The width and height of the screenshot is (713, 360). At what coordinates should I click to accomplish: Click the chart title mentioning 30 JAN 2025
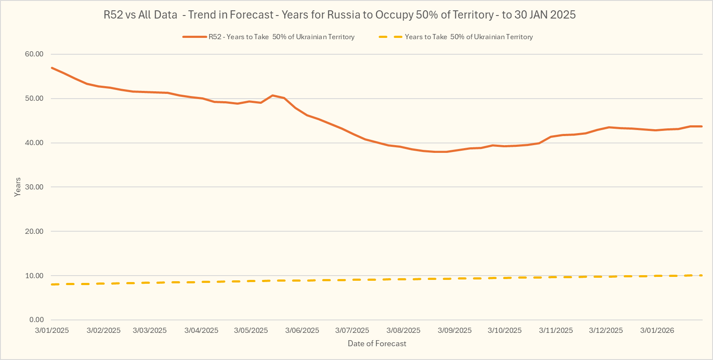tap(339, 15)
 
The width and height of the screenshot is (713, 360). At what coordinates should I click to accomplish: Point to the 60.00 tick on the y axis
tap(34, 54)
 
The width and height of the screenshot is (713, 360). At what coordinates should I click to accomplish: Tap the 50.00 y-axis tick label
tap(34, 99)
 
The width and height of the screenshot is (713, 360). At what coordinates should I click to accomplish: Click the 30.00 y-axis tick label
tap(34, 187)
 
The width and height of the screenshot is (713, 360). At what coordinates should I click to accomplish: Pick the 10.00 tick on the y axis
tap(34, 276)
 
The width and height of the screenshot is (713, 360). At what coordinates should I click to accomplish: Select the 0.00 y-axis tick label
tap(37, 320)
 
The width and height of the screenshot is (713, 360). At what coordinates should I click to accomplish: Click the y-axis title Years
tap(18, 187)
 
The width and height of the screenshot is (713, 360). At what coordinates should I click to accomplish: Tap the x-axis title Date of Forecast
tap(377, 344)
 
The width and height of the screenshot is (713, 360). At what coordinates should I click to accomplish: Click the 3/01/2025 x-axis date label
tap(52, 331)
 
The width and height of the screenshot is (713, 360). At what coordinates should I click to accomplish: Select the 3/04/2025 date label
tap(201, 331)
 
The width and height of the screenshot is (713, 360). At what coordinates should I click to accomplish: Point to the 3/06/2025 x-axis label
tap(302, 331)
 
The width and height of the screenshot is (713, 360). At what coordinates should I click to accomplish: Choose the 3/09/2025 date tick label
tap(455, 331)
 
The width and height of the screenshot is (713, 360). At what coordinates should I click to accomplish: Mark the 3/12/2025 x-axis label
tap(606, 331)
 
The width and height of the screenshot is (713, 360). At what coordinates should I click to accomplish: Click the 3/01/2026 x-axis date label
tap(657, 331)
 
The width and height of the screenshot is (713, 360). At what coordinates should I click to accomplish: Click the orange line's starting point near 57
tap(52, 68)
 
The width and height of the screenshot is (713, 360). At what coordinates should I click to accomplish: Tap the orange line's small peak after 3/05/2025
tap(272, 95)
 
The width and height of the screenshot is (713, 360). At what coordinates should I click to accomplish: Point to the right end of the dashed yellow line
tap(702, 275)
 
